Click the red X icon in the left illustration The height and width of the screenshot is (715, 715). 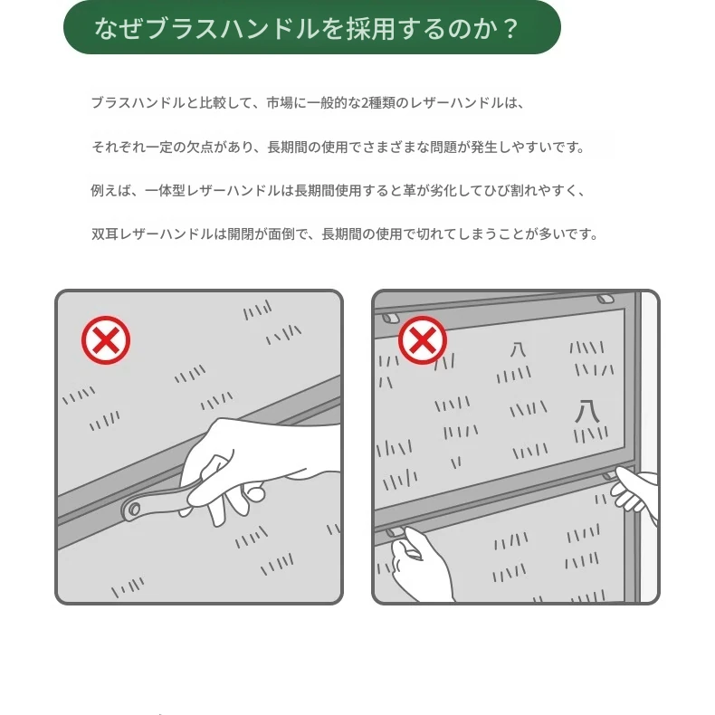click(106, 340)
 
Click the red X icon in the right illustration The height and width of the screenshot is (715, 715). click(423, 340)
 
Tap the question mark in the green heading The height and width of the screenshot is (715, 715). click(510, 29)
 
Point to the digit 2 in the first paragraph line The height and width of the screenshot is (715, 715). click(365, 103)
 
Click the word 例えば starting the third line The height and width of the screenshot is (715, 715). click(110, 190)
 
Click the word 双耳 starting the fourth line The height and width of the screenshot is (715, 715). click(104, 234)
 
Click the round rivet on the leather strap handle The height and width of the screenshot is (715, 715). click(134, 509)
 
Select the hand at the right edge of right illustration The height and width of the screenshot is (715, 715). click(635, 491)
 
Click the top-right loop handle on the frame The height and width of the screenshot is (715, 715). click(605, 300)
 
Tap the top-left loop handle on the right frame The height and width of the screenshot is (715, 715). click(390, 318)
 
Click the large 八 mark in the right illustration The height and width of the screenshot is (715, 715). click(586, 411)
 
